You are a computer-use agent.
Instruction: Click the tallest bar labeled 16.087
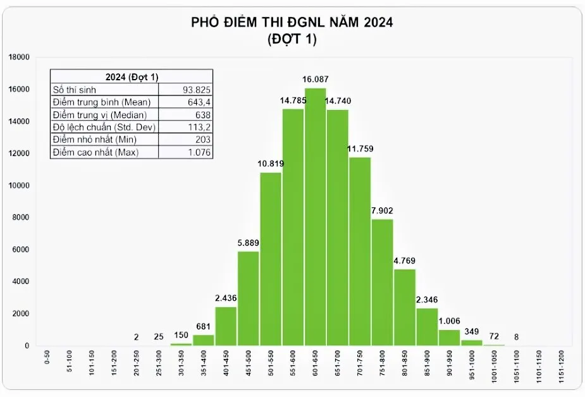[x=315, y=217]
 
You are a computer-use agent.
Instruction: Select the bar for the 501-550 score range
[x=271, y=259]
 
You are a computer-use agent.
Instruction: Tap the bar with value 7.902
[x=382, y=283]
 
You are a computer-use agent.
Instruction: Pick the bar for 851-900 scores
[x=427, y=327]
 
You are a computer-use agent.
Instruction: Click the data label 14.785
[x=293, y=101]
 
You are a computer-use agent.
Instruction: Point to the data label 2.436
[x=226, y=298]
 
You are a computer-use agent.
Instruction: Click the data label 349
[x=471, y=331]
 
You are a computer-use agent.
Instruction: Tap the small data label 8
[x=516, y=337]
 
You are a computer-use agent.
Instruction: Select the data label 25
[x=159, y=337]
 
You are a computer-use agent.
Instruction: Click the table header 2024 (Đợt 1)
[x=132, y=77]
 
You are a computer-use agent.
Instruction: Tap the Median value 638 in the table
[x=203, y=114]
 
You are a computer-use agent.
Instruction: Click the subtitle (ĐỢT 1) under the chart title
[x=292, y=39]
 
